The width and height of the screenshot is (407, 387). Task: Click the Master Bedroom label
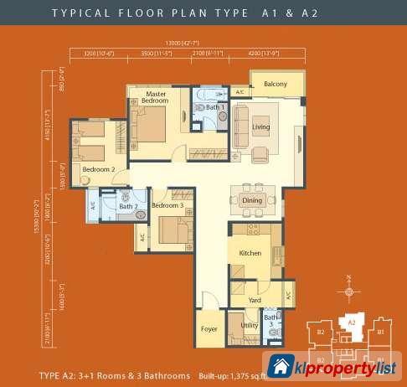[x=157, y=98]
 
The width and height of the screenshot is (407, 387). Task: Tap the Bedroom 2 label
[x=98, y=168]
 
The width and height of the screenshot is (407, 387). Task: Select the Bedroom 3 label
[x=167, y=206]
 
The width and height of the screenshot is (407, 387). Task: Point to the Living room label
[x=261, y=127]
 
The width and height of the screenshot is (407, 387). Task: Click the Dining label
[x=252, y=201]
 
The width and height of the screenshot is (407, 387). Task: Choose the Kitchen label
[x=251, y=252]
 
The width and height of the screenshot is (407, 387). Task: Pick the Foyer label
[x=209, y=329]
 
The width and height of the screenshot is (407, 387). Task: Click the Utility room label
[x=249, y=325]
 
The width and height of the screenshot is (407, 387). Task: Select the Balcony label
[x=276, y=85]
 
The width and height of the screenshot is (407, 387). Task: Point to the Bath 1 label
[x=215, y=108]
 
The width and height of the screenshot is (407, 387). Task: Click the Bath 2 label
[x=127, y=206]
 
